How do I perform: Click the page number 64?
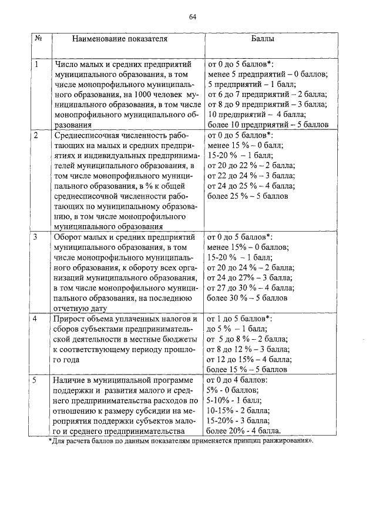(192, 16)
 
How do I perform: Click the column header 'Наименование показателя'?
(120, 39)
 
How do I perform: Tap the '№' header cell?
(38, 39)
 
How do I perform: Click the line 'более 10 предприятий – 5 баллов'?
(272, 125)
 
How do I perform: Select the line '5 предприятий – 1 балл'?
(246, 84)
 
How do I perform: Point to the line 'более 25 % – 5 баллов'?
(248, 196)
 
